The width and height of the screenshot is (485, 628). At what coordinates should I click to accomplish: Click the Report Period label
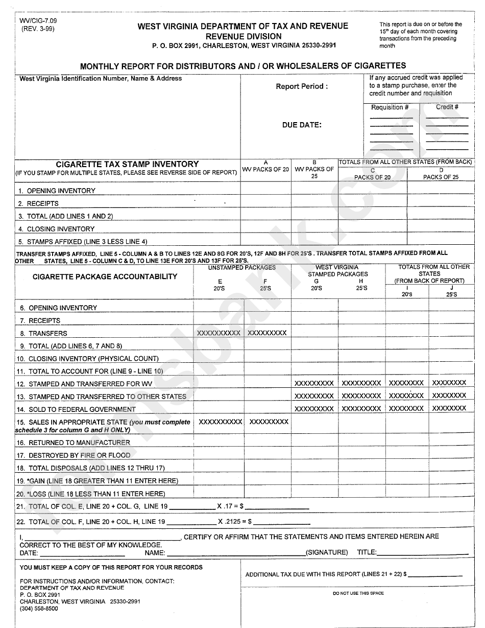[302, 86]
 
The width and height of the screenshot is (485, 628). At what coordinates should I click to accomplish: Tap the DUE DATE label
[302, 125]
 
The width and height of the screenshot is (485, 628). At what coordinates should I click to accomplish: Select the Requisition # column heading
[390, 107]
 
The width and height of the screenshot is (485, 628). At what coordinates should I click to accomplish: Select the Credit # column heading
[447, 107]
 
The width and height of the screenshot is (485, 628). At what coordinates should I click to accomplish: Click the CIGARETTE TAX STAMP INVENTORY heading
[127, 164]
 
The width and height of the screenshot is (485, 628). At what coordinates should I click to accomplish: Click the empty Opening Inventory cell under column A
[265, 190]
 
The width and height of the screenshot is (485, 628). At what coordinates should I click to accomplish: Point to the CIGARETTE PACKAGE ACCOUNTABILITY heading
[105, 276]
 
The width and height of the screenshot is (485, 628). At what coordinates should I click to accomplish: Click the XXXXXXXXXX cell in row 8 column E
[219, 333]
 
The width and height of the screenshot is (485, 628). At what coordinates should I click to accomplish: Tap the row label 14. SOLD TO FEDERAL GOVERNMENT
[82, 409]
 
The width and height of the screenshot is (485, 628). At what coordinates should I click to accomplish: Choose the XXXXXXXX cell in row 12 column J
[449, 383]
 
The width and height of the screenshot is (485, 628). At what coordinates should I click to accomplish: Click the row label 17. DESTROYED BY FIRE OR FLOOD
[79, 455]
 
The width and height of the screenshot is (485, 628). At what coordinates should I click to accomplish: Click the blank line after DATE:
[82, 553]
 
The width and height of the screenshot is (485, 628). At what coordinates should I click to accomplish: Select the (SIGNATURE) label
[326, 552]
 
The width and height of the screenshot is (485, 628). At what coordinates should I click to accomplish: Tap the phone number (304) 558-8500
[39, 609]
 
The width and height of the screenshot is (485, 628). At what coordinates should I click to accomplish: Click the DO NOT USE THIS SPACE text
[358, 593]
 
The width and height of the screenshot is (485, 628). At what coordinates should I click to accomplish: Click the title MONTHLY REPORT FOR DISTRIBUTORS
[243, 65]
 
